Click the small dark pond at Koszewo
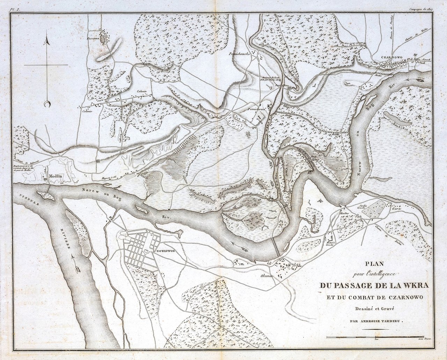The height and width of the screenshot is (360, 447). pyautogui.click(x=102, y=39)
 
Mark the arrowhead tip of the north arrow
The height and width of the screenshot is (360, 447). pyautogui.click(x=46, y=41)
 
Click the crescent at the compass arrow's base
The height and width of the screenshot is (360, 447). pyautogui.click(x=47, y=104)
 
